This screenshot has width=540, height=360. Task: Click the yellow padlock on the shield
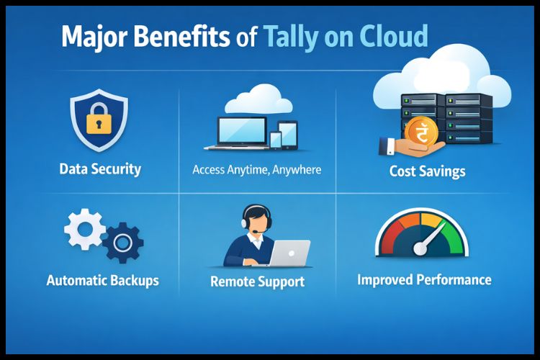click(99, 122)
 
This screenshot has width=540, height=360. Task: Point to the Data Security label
click(100, 170)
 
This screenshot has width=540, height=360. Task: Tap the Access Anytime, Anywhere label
click(257, 171)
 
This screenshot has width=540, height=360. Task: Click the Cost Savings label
click(427, 171)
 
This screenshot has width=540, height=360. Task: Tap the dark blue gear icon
click(122, 243)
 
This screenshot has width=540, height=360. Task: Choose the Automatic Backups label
click(103, 279)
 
